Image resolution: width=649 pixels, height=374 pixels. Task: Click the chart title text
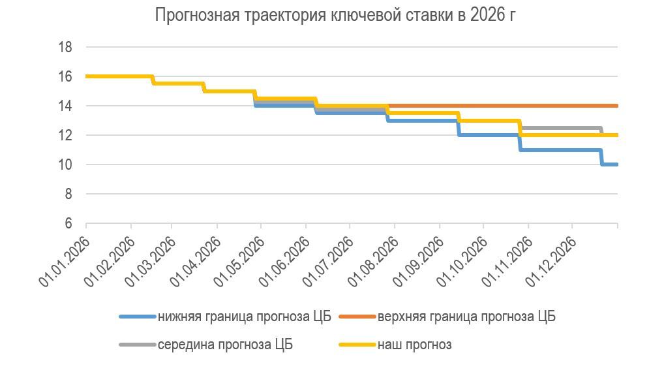(x=335, y=15)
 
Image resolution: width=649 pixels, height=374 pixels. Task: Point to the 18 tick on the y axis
(x=65, y=47)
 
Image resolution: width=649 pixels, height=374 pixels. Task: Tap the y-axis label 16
(x=65, y=76)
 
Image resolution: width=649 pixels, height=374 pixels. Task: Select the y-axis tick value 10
(x=65, y=164)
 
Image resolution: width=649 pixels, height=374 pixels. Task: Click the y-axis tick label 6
(x=68, y=223)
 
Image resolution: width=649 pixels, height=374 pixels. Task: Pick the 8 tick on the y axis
(x=68, y=194)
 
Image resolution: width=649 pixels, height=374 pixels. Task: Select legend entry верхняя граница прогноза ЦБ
(x=466, y=317)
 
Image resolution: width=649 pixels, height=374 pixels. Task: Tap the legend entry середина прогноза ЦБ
(x=229, y=345)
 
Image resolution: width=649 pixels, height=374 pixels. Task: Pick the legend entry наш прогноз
(x=414, y=345)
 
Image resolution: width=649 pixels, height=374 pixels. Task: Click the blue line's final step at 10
(x=611, y=164)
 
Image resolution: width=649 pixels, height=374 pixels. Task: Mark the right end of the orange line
(x=616, y=106)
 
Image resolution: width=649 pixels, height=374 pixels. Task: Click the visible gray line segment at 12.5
(x=561, y=128)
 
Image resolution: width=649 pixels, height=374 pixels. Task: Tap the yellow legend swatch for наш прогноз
(x=356, y=345)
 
